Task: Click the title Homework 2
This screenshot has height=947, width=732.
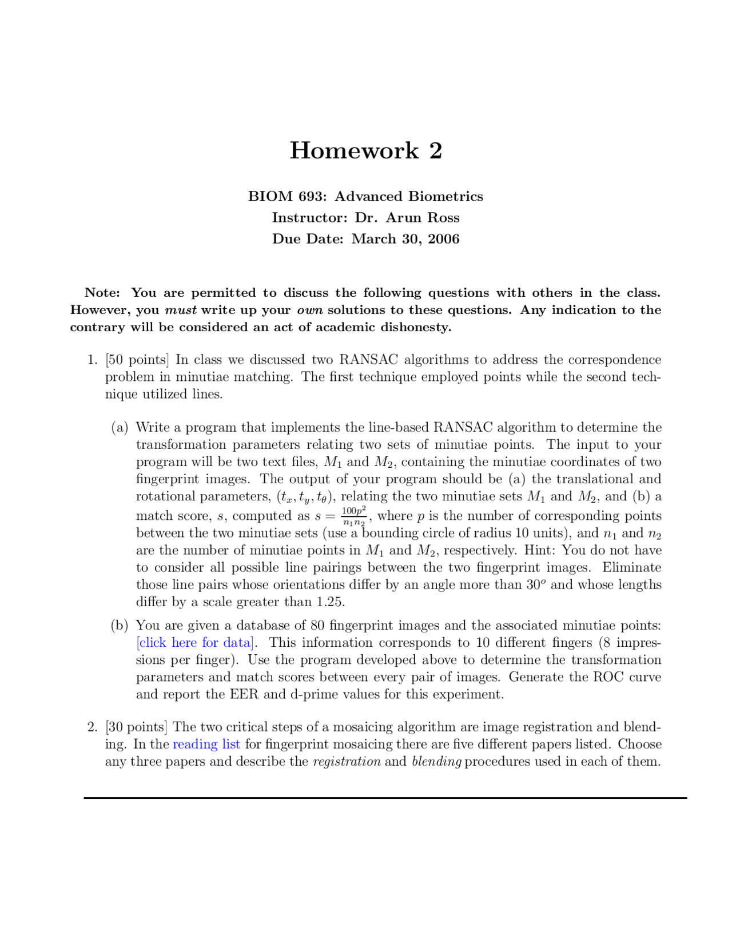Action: [365, 151]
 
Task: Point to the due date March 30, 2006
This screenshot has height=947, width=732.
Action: [405, 239]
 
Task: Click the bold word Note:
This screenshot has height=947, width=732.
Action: [102, 293]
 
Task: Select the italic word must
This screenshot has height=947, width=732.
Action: [181, 310]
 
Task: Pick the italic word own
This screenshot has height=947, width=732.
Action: [310, 310]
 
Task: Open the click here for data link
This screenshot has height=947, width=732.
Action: [195, 643]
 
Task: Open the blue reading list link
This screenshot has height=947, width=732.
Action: [206, 744]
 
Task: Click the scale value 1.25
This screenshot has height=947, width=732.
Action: [330, 602]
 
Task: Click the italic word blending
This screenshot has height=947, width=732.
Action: [436, 761]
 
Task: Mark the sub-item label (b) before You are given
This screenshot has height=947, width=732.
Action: [120, 626]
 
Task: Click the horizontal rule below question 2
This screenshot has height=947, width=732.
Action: [385, 798]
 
